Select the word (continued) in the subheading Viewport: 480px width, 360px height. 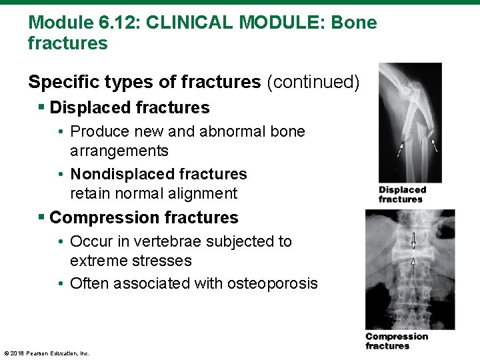(313, 82)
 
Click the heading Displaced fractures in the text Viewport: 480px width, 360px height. (129, 107)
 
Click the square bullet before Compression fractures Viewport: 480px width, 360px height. (42, 217)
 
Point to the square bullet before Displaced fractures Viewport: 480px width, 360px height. (42, 107)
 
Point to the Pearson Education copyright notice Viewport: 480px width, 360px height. (47, 353)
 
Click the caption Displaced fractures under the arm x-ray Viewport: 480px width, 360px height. (402, 195)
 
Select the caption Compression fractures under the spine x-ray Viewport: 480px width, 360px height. (396, 341)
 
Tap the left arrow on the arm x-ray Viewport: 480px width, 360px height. (400, 149)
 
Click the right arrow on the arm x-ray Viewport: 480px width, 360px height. (434, 145)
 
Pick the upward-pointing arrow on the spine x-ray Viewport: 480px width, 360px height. (413, 266)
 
